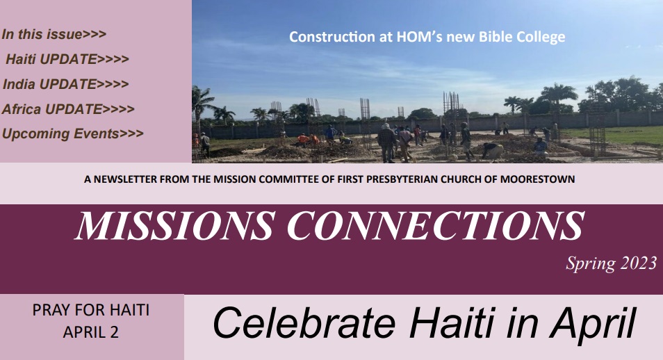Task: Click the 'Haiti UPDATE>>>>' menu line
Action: [67, 59]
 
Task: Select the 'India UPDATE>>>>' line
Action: [65, 84]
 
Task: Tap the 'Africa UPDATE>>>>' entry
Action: [68, 109]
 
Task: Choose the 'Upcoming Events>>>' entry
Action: [73, 133]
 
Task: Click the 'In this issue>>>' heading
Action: [54, 34]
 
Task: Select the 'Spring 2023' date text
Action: [612, 263]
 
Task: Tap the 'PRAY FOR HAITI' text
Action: [91, 310]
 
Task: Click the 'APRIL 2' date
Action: [91, 332]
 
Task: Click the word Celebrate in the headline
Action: [304, 324]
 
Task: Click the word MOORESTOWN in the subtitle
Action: [537, 179]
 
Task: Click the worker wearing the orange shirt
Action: [303, 140]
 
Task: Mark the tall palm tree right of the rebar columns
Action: [558, 97]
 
